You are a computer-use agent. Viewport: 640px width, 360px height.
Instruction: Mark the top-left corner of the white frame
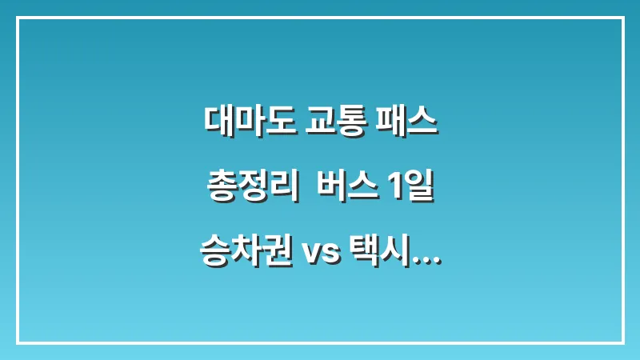(x=18, y=18)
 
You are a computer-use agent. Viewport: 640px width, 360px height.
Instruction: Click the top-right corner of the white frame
(x=622, y=18)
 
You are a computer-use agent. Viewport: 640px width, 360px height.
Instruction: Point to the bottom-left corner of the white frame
(x=18, y=342)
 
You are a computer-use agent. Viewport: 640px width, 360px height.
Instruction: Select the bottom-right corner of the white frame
(x=622, y=342)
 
